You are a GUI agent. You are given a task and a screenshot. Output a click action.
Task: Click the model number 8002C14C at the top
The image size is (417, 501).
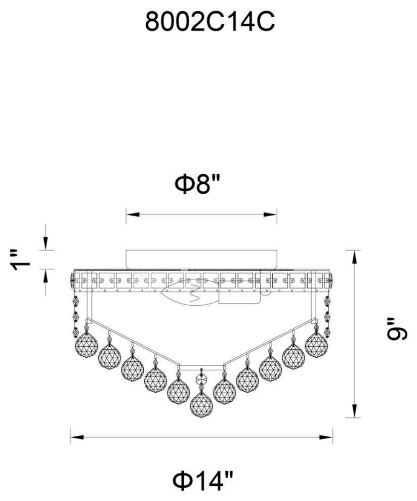[210, 22]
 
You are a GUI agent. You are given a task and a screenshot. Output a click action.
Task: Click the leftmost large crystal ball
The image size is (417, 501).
[86, 345]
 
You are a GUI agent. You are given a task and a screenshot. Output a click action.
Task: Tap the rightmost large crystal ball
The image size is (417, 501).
[316, 345]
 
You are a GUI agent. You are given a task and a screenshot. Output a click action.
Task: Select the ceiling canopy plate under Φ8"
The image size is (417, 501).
[201, 259]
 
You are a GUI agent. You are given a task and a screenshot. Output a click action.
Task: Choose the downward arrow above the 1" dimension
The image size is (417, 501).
[46, 245]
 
